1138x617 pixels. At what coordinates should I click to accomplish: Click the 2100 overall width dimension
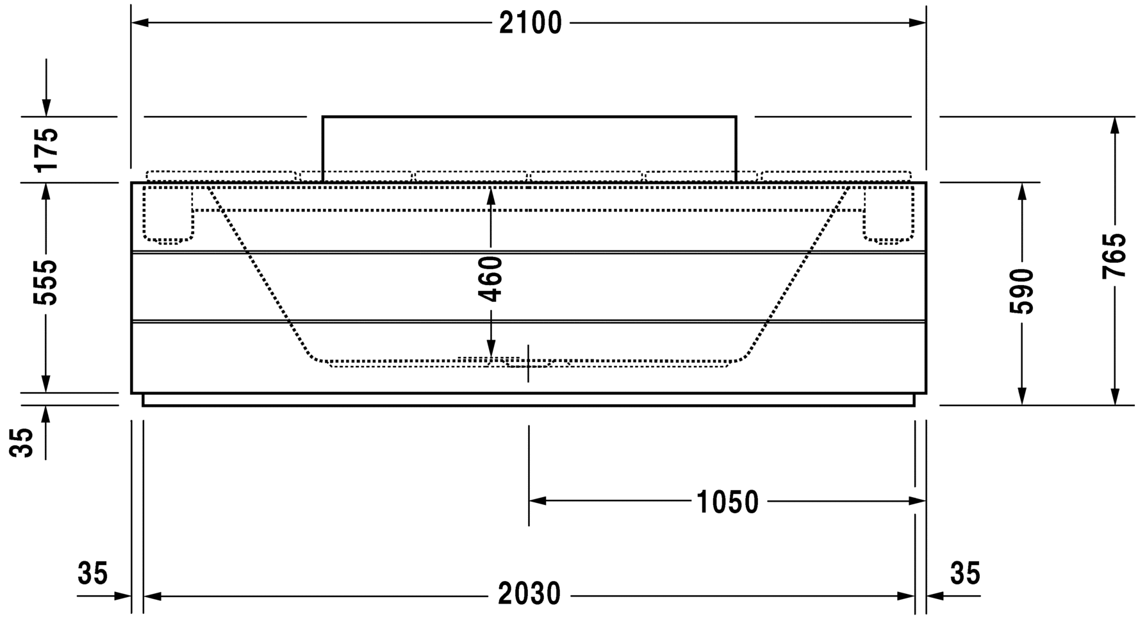pyautogui.click(x=530, y=23)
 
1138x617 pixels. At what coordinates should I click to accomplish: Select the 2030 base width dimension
pyautogui.click(x=529, y=594)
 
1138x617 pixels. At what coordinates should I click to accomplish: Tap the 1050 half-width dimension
pyautogui.click(x=727, y=502)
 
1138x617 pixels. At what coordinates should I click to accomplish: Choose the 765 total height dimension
pyautogui.click(x=1114, y=255)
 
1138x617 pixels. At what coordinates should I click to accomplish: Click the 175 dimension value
pyautogui.click(x=46, y=149)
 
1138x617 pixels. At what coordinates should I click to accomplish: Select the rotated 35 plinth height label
pyautogui.click(x=24, y=442)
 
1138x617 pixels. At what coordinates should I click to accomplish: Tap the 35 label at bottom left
pyautogui.click(x=93, y=573)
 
